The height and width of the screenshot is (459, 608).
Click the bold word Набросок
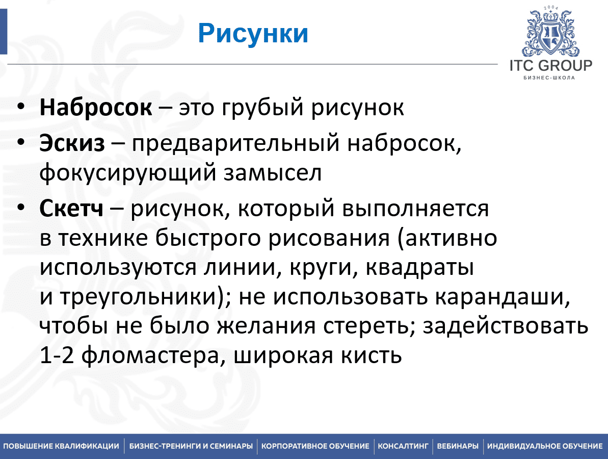point(96,107)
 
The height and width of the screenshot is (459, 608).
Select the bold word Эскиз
point(72,143)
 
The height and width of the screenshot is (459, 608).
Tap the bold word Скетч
point(71,209)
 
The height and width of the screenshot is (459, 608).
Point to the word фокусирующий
point(127,173)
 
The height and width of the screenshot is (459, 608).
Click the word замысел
point(273,173)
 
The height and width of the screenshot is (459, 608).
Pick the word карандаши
point(502,297)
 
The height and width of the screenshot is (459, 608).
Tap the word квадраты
point(419,268)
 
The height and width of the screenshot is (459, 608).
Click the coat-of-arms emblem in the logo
point(550,33)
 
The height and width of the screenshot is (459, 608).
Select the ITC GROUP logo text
point(551,66)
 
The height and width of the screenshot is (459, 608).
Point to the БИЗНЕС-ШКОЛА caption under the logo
point(549,78)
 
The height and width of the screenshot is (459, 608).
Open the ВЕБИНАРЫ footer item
point(458,446)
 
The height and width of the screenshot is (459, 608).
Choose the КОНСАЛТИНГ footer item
point(403,446)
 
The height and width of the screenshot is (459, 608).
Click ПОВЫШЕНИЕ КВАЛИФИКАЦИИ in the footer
point(61,446)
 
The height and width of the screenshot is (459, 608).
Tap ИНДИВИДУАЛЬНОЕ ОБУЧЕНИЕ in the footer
point(545,446)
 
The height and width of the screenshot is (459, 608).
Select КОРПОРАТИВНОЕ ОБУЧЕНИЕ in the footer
point(315,446)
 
